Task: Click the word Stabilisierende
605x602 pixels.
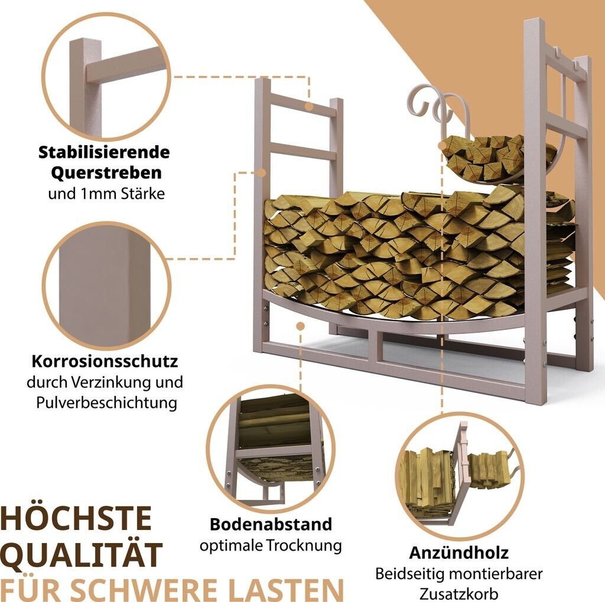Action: pos(104,152)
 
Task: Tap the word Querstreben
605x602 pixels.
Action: pos(106,173)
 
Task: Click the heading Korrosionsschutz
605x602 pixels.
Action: pos(105,361)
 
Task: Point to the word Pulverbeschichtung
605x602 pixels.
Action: pos(107,403)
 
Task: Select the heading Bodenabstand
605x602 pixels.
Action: pos(271,524)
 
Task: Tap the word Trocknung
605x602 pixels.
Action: pos(304,546)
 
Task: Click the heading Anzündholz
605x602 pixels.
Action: pos(458,552)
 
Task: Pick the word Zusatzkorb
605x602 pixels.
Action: pos(458,594)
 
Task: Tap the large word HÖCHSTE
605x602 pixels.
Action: pos(76,519)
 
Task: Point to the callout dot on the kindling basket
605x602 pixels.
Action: pos(443,145)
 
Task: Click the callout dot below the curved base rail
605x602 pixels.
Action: pos(300,326)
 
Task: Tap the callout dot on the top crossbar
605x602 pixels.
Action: pos(308,107)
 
